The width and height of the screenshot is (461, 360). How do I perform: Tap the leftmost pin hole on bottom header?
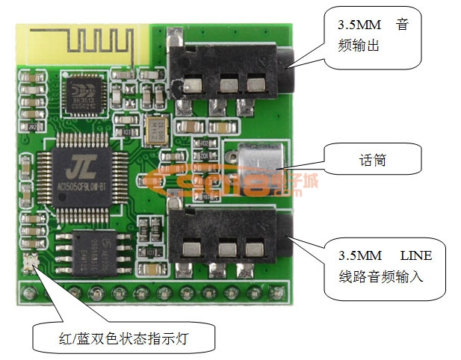(x=30, y=287)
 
